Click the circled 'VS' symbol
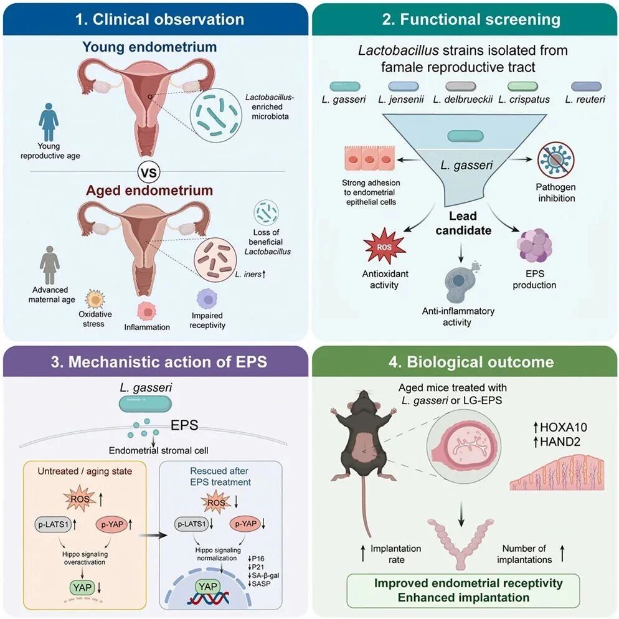point(149,172)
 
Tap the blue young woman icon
point(49,122)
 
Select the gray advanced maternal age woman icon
point(50,265)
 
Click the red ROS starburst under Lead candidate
point(384,247)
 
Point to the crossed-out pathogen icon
point(556,161)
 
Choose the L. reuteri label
point(585,100)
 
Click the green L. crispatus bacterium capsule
point(522,86)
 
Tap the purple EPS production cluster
point(534,245)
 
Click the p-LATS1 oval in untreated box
point(53,524)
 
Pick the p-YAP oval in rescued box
point(245,524)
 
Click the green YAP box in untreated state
point(82,587)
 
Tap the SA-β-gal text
point(266,575)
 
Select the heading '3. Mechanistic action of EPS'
point(159,362)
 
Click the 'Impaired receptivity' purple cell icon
point(207,299)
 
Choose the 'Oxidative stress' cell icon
point(95,299)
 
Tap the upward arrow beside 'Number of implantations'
point(562,554)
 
